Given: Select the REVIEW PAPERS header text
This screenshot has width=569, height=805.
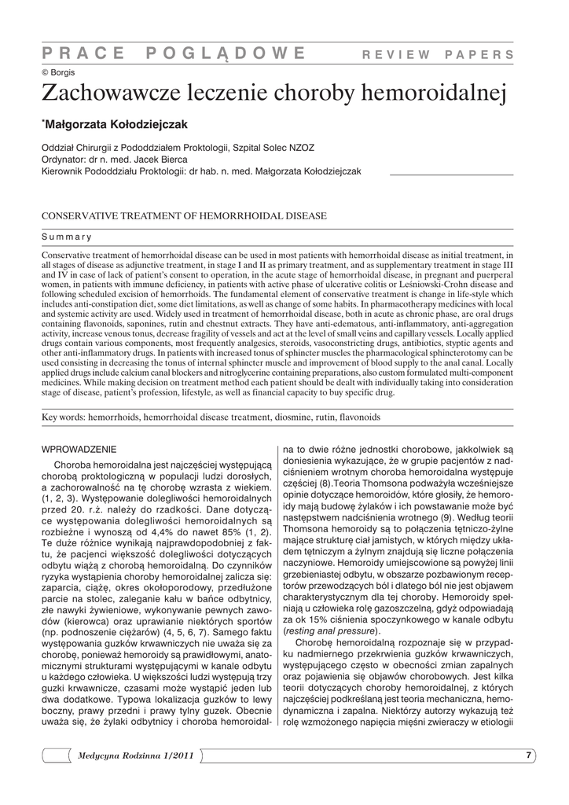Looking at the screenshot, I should point(438,54).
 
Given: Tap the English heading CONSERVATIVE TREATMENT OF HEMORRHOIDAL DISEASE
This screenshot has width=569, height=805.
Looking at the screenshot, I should point(184,215).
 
